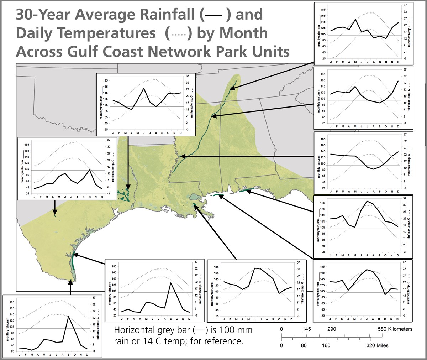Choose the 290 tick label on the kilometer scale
(332, 329)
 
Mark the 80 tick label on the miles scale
(304, 345)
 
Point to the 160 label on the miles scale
(326, 345)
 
